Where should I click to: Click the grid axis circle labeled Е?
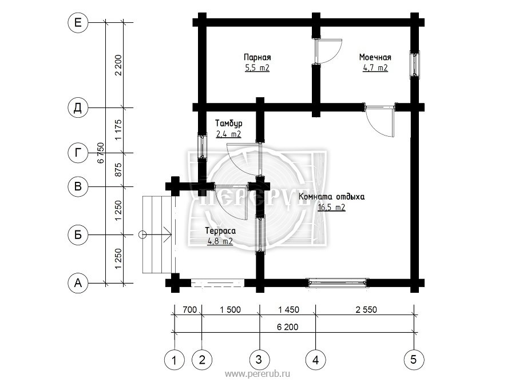[x=78, y=23]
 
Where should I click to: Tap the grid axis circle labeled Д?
[x=78, y=108]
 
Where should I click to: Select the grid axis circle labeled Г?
[x=78, y=153]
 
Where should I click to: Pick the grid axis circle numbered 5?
[x=414, y=360]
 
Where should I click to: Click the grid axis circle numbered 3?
[x=259, y=360]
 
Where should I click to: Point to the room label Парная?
[x=257, y=57]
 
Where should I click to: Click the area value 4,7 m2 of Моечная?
[x=375, y=68]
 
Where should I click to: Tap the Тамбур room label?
[x=228, y=124]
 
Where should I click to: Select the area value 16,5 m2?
[x=331, y=207]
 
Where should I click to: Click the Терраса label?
[x=220, y=231]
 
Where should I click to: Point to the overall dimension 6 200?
[x=288, y=327]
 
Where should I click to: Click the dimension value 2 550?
[x=366, y=309]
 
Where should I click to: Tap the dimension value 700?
[x=189, y=309]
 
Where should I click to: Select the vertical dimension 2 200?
[x=118, y=65]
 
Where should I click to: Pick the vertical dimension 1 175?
[x=118, y=130]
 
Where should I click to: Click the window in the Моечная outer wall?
[x=414, y=64]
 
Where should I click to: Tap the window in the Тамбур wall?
[x=203, y=146]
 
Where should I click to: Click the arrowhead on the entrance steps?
[x=168, y=234]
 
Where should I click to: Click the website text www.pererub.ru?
[x=257, y=374]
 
